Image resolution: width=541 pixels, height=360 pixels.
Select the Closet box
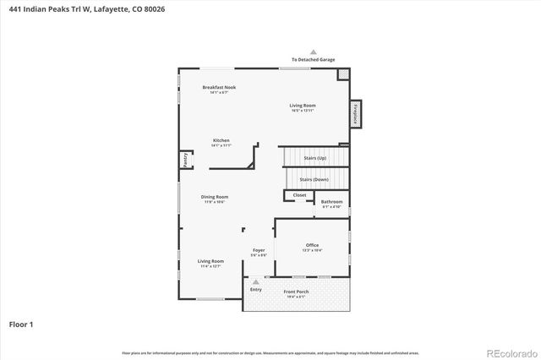[x=299, y=195]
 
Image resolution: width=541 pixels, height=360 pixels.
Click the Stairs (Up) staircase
[x=314, y=157]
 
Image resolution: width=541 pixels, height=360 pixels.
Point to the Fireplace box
[x=356, y=114]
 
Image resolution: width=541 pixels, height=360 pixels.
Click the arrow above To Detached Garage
[x=313, y=52]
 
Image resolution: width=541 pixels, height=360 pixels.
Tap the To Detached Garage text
[x=313, y=60]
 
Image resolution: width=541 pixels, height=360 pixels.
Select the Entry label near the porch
[x=256, y=290]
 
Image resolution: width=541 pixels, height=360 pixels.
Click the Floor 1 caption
[x=21, y=324]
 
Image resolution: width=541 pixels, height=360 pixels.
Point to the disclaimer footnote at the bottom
[x=270, y=352]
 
